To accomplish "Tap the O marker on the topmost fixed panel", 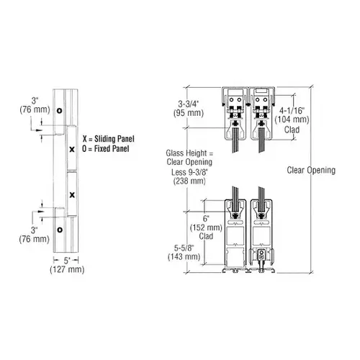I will pyautogui.click(x=60, y=110).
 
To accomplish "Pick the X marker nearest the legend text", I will pyautogui.click(x=72, y=149).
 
